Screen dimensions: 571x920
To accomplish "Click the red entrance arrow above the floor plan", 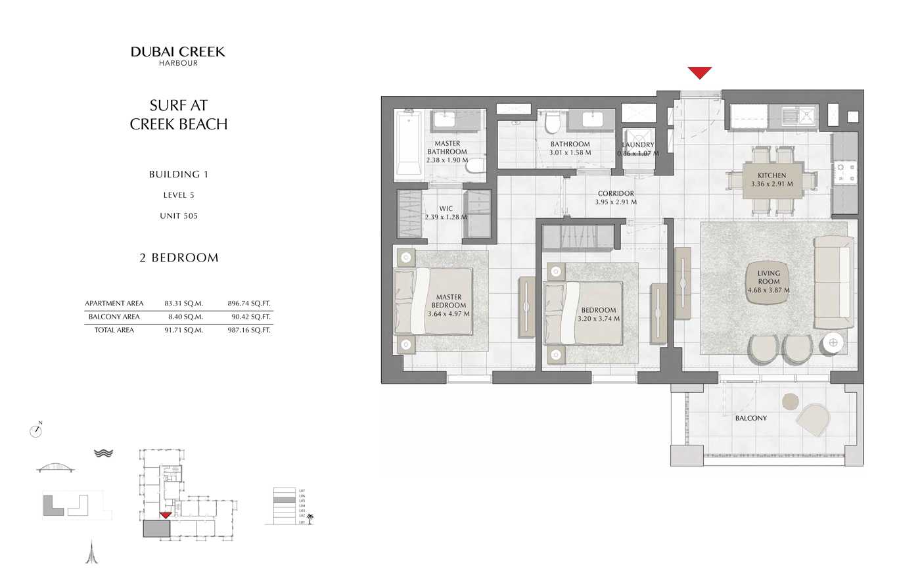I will (699, 72).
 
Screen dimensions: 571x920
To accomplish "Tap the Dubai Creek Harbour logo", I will (178, 55).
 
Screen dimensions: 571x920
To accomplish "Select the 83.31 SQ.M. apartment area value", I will (183, 304).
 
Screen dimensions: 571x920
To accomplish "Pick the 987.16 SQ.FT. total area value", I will (249, 331).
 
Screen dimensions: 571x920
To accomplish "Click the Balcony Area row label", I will (114, 317).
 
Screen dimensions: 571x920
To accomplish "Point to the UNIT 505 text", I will (179, 216).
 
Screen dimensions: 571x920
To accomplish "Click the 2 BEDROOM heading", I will (179, 258).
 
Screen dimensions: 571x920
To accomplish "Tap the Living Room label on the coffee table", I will (768, 281).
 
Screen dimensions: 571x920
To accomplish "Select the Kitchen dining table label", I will (771, 179).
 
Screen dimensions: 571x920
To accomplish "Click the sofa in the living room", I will (833, 283).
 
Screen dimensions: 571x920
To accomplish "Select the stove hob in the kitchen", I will (844, 173).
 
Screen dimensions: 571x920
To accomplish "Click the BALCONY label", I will (750, 418).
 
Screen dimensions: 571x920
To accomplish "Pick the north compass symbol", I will (36, 431).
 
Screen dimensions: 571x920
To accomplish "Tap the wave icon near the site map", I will (104, 453).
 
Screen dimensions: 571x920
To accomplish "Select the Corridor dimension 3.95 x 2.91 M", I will (616, 202).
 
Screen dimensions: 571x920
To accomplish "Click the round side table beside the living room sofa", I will (833, 342).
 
